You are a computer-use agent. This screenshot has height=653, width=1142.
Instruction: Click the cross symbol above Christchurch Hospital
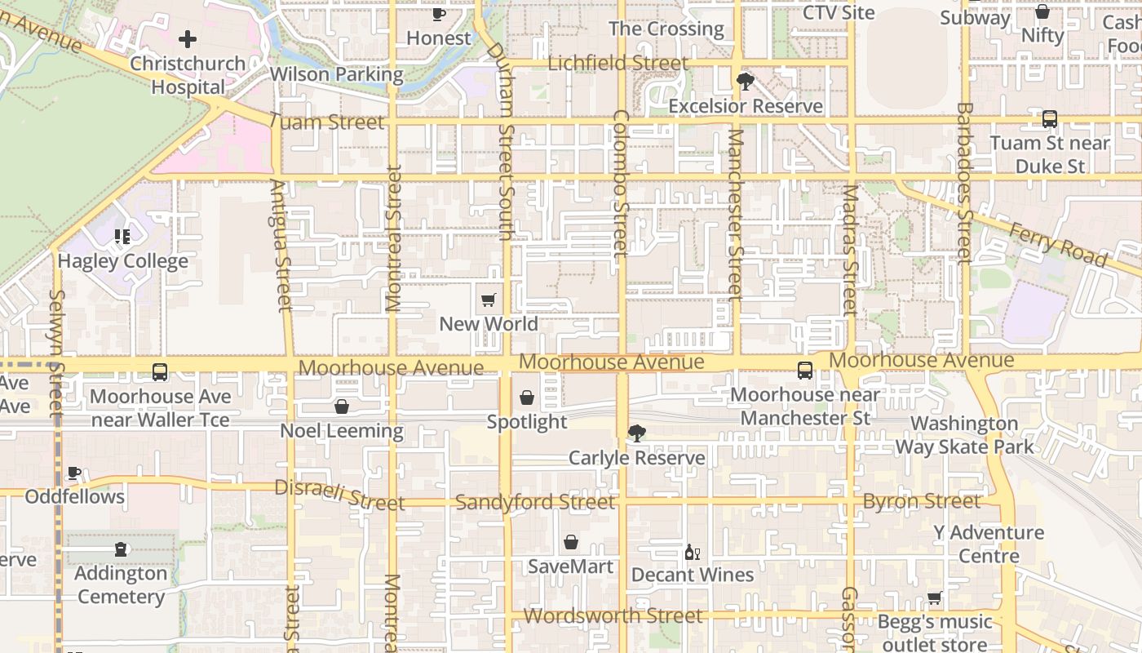188,38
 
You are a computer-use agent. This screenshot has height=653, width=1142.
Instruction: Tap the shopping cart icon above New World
488,300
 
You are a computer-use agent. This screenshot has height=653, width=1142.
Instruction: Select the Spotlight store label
526,421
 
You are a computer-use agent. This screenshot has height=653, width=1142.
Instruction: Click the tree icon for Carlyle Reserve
636,433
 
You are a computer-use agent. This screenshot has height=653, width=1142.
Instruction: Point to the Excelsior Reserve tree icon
745,82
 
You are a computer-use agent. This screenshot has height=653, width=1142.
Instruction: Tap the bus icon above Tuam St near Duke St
1049,119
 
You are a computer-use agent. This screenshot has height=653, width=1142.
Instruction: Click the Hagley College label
122,261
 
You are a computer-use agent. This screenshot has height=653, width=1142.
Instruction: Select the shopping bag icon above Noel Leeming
342,406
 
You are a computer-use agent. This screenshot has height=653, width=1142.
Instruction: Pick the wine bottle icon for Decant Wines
692,553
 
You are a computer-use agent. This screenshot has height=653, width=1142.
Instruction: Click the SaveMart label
570,566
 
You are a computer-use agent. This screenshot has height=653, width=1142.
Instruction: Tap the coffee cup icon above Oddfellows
74,473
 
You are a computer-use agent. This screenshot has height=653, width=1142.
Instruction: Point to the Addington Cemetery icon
121,549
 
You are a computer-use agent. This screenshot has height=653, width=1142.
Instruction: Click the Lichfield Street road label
618,63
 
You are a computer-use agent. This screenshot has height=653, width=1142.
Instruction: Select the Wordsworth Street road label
613,615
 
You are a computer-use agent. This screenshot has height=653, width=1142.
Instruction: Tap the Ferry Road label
1058,245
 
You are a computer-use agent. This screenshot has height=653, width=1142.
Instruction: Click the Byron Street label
922,501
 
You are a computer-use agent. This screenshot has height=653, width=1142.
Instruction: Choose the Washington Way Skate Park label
964,435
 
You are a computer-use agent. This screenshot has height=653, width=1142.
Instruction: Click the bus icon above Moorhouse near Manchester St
805,371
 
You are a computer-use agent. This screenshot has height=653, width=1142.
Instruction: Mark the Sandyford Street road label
535,502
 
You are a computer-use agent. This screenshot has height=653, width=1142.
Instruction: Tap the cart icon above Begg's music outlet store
935,598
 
